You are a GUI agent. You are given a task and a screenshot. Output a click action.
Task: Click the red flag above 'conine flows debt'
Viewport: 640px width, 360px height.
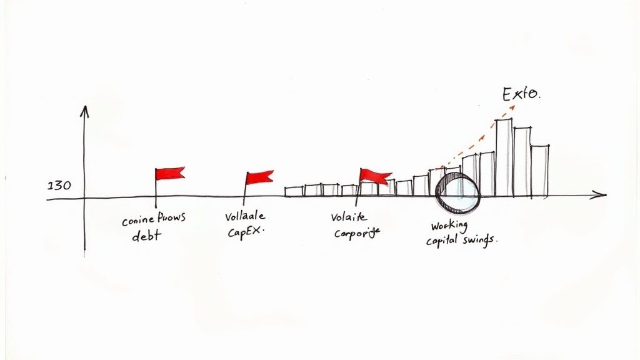(170, 173)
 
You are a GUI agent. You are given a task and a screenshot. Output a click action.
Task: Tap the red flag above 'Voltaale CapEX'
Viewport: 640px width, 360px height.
(259, 177)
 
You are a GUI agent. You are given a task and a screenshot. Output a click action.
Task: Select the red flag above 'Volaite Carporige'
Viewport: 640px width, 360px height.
(376, 176)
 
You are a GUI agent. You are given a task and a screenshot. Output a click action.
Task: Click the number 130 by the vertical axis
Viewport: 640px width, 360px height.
(59, 186)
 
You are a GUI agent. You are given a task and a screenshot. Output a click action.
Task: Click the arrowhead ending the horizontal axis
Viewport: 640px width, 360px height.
(601, 196)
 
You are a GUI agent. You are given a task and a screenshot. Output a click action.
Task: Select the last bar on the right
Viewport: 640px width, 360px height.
(540, 171)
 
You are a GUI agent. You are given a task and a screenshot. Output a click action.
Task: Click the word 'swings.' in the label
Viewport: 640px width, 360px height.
(482, 240)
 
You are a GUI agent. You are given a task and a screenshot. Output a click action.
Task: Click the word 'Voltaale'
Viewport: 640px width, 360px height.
(244, 217)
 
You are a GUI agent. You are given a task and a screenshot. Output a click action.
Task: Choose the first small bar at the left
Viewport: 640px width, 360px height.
(294, 191)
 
